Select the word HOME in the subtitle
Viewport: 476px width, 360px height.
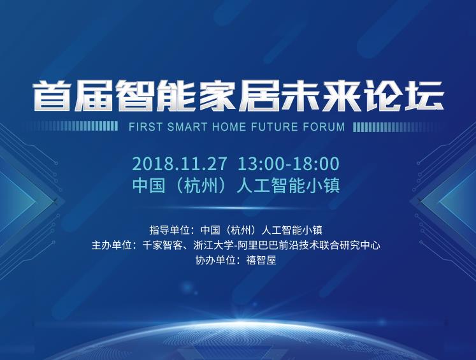(x=229, y=127)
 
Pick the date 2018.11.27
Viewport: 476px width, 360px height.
(x=180, y=164)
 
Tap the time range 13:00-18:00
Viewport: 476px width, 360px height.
(x=289, y=164)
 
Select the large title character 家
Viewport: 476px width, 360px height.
(x=218, y=95)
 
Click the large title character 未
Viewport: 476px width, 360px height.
(x=300, y=95)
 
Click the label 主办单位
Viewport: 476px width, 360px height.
(x=112, y=245)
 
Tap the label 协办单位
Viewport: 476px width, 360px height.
(x=215, y=260)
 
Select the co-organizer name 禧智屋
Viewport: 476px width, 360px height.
(x=261, y=260)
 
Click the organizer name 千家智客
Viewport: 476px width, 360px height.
(x=162, y=245)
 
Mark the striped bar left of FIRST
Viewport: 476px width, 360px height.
(x=72, y=127)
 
